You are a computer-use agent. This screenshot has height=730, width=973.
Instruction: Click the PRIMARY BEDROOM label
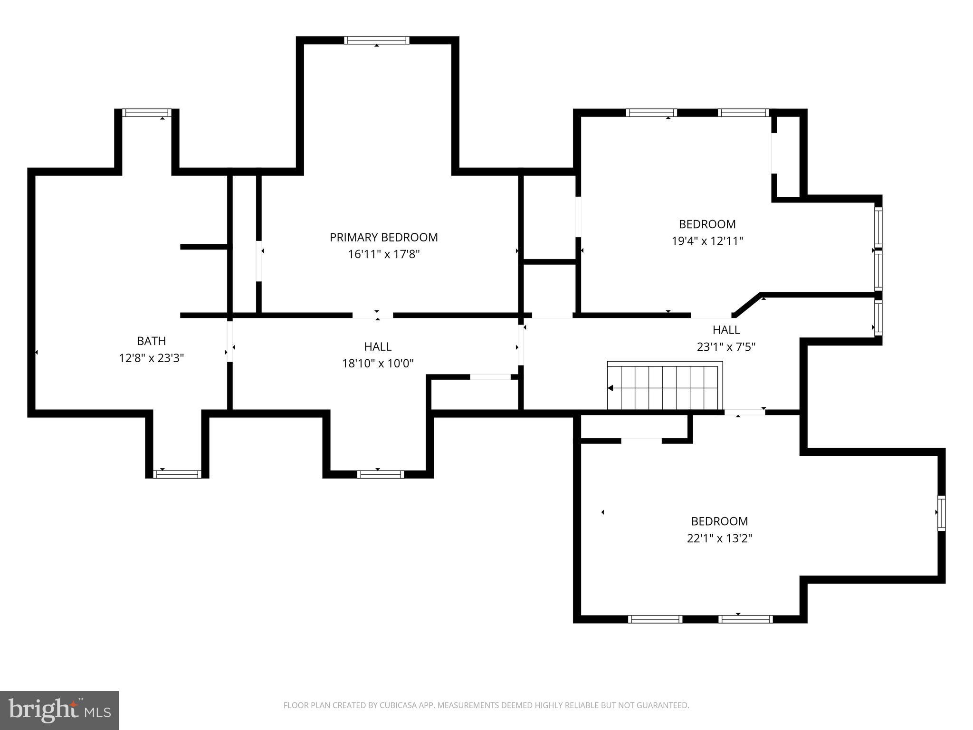(383, 237)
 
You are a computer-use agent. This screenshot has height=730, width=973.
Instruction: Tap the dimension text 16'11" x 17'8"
(383, 254)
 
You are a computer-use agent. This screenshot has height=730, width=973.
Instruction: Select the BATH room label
(151, 341)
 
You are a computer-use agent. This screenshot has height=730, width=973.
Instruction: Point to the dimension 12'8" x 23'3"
(151, 358)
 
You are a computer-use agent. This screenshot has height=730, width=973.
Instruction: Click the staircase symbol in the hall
(665, 386)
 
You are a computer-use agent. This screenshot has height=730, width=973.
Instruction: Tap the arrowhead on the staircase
(611, 388)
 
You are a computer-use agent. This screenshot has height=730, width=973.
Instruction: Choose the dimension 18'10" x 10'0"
(378, 364)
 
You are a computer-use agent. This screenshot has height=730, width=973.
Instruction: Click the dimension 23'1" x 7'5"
(725, 347)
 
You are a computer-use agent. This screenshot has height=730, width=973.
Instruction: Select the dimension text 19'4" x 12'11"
(706, 241)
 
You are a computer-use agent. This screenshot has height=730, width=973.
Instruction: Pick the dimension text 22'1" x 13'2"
(719, 538)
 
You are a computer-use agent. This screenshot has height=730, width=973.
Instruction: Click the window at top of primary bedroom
(376, 40)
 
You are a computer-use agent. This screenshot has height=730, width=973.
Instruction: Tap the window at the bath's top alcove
(146, 113)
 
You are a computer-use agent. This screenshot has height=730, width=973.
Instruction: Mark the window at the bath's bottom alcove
(177, 474)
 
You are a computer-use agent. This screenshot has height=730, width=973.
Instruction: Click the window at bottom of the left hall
(380, 474)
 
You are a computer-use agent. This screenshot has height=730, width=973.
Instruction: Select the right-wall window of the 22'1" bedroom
(941, 513)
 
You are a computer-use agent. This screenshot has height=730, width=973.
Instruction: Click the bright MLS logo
(59, 710)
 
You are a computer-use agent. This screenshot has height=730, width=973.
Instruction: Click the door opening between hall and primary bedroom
(372, 315)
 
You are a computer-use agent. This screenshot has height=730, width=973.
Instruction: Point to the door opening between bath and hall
(230, 342)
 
